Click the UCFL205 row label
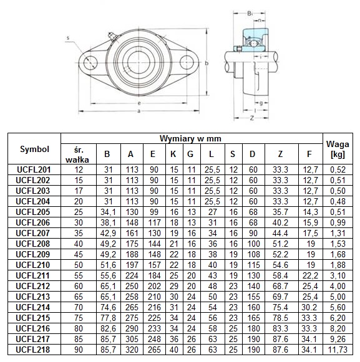[x=33, y=212]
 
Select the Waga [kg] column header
[x=338, y=149]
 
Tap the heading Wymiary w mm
[x=190, y=138]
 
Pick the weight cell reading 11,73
[x=338, y=350]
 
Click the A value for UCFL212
[x=132, y=286]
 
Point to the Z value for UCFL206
[x=280, y=222]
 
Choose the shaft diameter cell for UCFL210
[x=79, y=265]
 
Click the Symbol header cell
[x=34, y=149]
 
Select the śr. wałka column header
[x=77, y=155]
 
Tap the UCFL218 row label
[x=33, y=350]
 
